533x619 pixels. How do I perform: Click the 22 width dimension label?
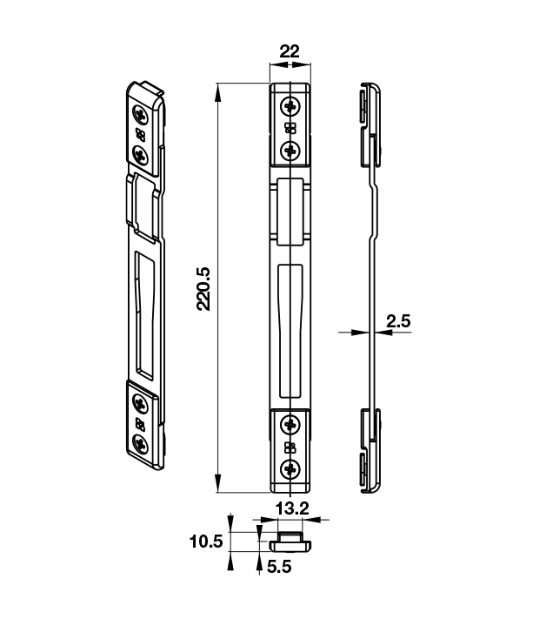coord(289,51)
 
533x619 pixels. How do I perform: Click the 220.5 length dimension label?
coord(203,288)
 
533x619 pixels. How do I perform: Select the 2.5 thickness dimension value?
coord(398,321)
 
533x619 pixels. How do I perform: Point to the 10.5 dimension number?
coord(206,542)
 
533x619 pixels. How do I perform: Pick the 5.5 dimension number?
coord(278,565)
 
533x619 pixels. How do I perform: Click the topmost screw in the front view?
coord(290,107)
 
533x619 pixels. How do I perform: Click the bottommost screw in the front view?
coord(290,470)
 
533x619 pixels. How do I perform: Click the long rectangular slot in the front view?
coord(289,331)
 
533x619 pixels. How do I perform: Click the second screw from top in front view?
coord(290,148)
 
